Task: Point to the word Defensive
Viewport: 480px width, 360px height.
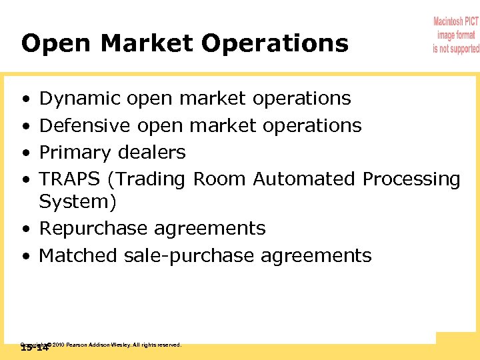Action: [x=85, y=125]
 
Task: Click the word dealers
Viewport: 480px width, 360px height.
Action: [x=152, y=153]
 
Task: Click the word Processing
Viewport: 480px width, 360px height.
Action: [x=411, y=179]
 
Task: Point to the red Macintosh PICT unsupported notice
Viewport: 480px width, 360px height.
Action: [x=456, y=35]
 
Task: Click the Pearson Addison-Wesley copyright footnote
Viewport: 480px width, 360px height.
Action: [x=113, y=345]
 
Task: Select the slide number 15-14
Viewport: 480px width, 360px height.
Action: [x=35, y=347]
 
